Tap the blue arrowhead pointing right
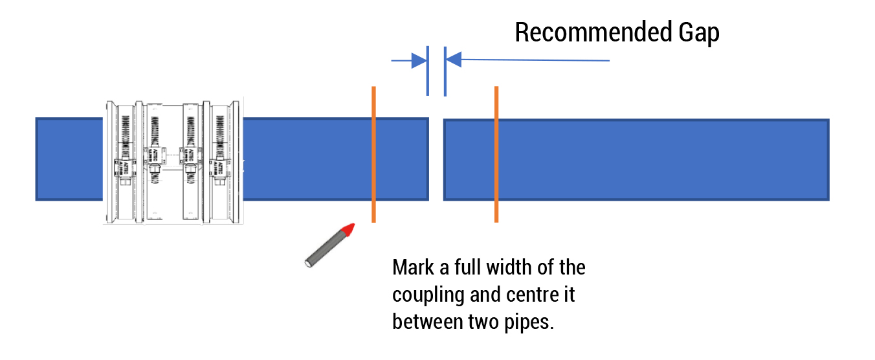pyautogui.click(x=418, y=61)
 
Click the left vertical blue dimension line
pyautogui.click(x=428, y=71)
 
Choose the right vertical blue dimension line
pyautogui.click(x=445, y=71)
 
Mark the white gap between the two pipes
pyautogui.click(x=436, y=159)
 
